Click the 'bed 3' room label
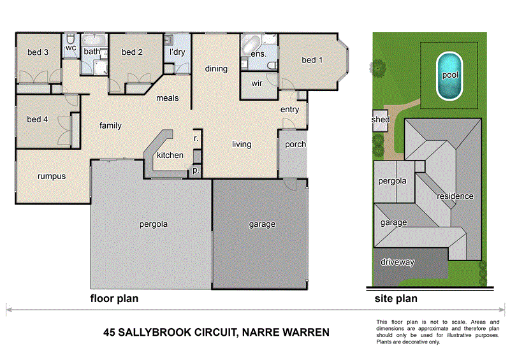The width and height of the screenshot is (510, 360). click(38, 52)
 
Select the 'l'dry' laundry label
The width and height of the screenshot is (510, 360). click(176, 52)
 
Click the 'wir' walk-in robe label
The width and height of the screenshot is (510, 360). click(258, 83)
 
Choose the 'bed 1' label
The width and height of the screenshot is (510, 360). click(312, 60)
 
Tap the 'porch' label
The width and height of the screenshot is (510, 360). click(295, 144)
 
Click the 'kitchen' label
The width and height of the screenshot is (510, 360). click(170, 155)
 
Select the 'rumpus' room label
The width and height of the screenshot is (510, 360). click(52, 176)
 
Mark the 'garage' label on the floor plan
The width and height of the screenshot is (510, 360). click(262, 224)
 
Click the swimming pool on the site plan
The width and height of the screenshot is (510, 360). click(449, 75)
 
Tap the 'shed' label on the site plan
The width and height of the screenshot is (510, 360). click(381, 119)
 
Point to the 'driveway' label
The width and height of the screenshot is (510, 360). click(398, 262)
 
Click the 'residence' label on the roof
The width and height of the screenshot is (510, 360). click(455, 196)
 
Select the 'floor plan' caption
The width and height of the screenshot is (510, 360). click(114, 298)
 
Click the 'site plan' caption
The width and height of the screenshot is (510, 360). click(396, 298)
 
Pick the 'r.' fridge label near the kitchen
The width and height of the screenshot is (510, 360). click(196, 138)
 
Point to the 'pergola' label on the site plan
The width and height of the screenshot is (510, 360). click(393, 181)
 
